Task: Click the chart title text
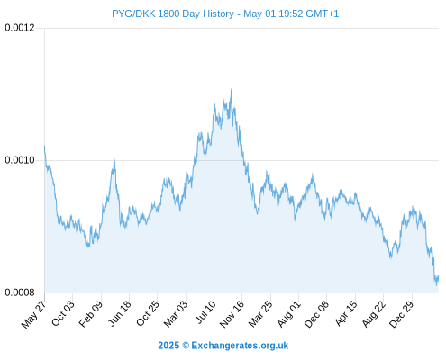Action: point(225,13)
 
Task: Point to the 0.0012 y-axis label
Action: point(20,28)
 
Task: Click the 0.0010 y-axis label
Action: point(20,160)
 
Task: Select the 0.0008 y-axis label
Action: point(20,292)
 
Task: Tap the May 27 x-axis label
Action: point(33,314)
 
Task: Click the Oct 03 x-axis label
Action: point(63,313)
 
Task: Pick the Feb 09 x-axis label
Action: point(91,313)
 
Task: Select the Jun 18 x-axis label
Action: point(120,313)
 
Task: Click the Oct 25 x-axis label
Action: point(148,313)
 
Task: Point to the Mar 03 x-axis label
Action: point(176,313)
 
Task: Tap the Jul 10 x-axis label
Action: point(205,312)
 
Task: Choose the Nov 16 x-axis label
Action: point(232,314)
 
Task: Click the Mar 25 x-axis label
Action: point(260,313)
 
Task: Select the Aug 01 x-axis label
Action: point(289,313)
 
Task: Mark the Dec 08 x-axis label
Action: point(317,314)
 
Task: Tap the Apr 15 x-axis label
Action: point(346,313)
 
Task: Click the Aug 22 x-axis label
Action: point(374,314)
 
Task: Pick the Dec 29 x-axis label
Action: point(402,314)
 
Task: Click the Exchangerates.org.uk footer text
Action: point(223,346)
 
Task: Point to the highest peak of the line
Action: point(231,89)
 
